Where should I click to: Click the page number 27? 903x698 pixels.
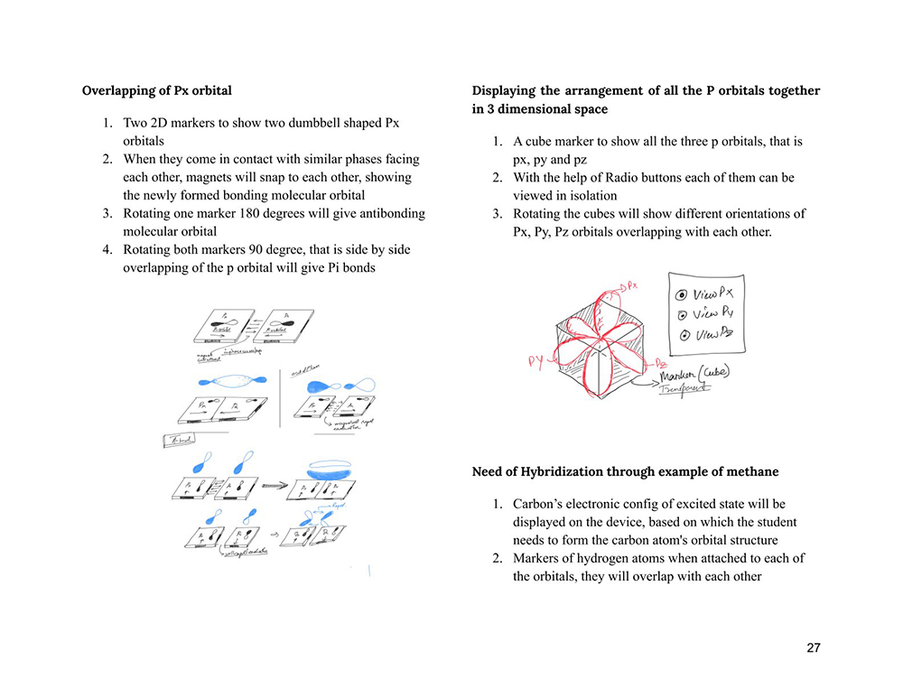tap(814, 648)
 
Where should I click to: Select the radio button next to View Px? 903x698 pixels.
tap(683, 294)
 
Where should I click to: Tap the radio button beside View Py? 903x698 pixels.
tap(683, 314)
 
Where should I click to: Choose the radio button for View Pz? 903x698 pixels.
tap(684, 335)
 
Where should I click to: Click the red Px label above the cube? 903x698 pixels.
tap(631, 284)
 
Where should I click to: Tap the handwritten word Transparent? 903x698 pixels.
tap(684, 388)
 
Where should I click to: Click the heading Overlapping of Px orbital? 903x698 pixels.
tap(156, 90)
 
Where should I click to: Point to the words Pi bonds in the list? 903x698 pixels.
tap(346, 268)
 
